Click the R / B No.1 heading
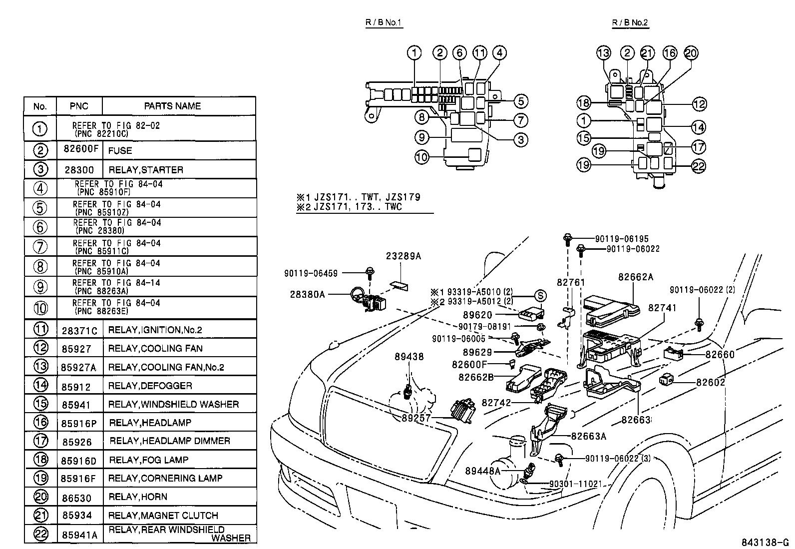pos(384,23)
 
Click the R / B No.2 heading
pos(630,23)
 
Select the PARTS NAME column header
pos(172,106)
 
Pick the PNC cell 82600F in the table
pos(81,149)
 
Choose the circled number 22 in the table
pos(40,534)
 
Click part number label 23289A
pos(403,256)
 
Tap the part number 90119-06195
pos(622,239)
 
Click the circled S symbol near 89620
pos(540,295)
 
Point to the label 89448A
pos(483,471)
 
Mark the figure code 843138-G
pos(765,543)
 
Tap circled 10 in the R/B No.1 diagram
pos(422,157)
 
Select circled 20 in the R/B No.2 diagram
pos(691,53)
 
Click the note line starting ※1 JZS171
pos(358,197)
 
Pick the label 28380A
pos(307,294)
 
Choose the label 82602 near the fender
pos(711,382)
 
